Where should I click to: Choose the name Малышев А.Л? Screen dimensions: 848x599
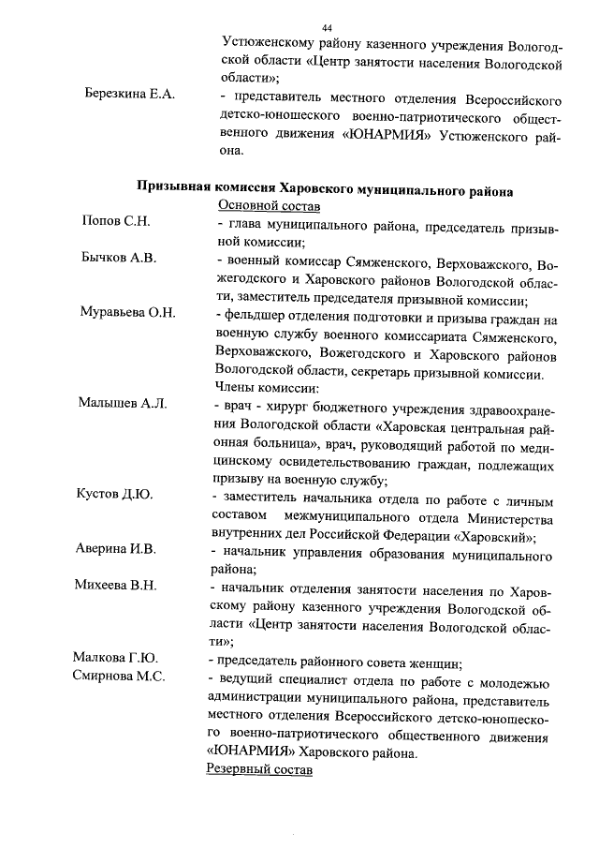[x=123, y=403]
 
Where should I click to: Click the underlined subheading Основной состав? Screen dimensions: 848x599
[x=270, y=204]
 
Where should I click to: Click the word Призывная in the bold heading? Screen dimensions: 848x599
[x=173, y=186]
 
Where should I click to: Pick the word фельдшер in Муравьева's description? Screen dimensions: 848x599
[x=256, y=313]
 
